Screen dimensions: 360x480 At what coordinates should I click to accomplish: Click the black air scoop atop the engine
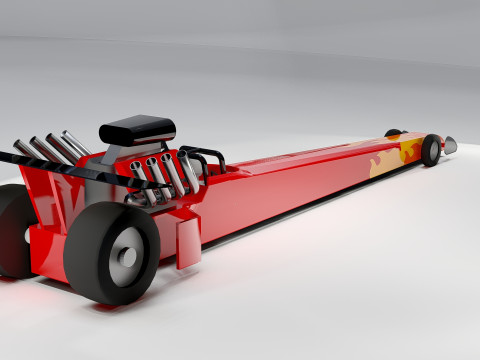[139, 129]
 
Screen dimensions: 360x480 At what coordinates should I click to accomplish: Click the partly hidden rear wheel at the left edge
[13, 230]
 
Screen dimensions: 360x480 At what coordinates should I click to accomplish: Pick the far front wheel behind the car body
[393, 132]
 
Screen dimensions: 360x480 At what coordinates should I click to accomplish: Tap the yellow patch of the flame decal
[409, 151]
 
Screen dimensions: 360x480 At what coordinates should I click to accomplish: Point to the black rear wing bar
[60, 169]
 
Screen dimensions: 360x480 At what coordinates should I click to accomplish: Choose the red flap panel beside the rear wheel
[188, 243]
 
